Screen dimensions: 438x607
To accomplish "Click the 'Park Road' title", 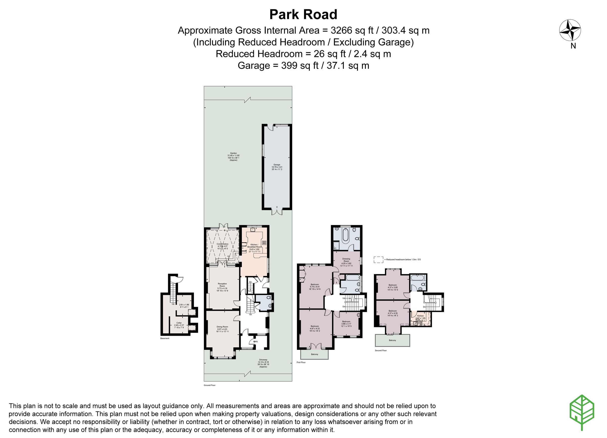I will coord(303,15).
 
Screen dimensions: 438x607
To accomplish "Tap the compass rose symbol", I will coord(570,30).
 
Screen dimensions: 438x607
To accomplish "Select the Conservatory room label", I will coord(222,244).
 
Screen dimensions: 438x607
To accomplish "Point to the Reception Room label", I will coord(222,285).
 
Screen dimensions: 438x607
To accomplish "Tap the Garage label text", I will coord(277,165).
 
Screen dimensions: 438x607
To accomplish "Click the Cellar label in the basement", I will coord(179,323).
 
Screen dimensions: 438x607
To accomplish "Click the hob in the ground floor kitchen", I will coord(264,243).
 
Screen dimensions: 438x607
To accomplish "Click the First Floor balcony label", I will coord(315,355).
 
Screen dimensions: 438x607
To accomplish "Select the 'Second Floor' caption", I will coord(381,351).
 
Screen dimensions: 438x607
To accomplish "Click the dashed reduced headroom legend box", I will coord(378,260).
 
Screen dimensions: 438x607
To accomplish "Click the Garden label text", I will coord(233,153).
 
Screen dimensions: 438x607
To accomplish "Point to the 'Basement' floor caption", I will coord(165,338).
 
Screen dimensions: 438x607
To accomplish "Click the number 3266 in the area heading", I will coord(341,31).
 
